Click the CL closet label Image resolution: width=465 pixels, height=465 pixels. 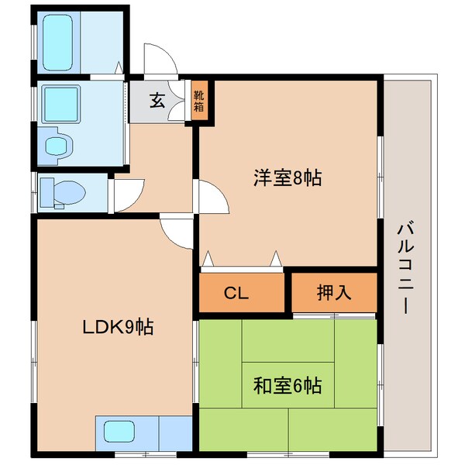tap(236, 293)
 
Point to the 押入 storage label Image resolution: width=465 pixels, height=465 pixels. tap(334, 293)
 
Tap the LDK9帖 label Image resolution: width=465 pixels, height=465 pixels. tap(118, 328)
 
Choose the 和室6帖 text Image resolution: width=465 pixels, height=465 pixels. tap(288, 384)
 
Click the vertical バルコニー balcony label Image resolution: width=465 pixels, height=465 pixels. tap(404, 267)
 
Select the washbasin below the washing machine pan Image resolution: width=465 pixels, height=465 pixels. tap(59, 145)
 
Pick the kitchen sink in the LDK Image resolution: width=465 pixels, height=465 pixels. tap(120, 431)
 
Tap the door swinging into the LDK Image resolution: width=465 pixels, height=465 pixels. tap(177, 232)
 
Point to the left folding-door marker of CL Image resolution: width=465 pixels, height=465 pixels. tap(208, 259)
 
